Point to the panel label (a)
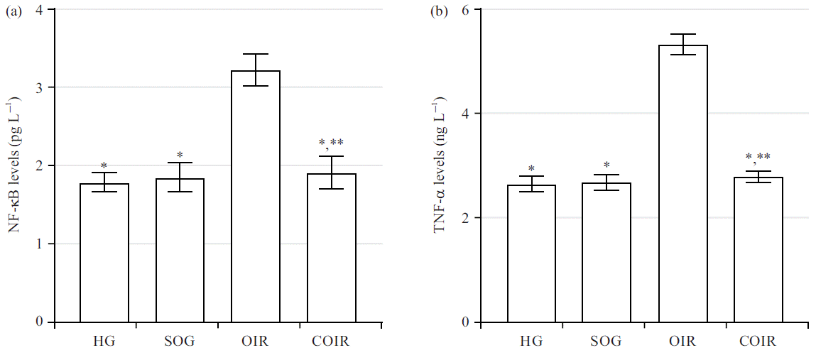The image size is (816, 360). coord(12,11)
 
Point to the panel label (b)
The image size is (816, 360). coord(440,11)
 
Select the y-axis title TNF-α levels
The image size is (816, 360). coord(440,168)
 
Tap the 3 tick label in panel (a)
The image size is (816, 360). coord(40,87)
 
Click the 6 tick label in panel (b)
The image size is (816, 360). coord(467,10)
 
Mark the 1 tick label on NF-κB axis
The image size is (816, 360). coord(40,244)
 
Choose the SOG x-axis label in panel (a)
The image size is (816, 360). coord(180,342)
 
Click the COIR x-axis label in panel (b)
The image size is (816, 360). coord(758,342)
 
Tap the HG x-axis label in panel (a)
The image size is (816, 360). coord(104,342)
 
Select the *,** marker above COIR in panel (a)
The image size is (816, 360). coord(331,145)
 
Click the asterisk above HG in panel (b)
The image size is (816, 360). coord(531,169)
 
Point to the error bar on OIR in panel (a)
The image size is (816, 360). coord(256,70)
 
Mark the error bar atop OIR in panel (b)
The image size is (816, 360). coord(683,44)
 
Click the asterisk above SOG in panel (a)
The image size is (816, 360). coord(180,155)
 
